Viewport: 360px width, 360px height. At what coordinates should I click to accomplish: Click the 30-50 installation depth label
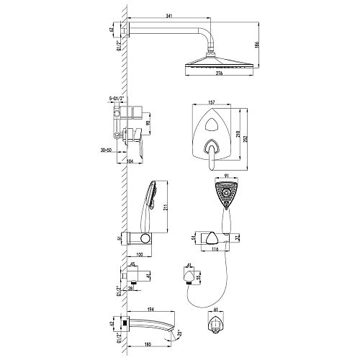pos(108,150)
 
